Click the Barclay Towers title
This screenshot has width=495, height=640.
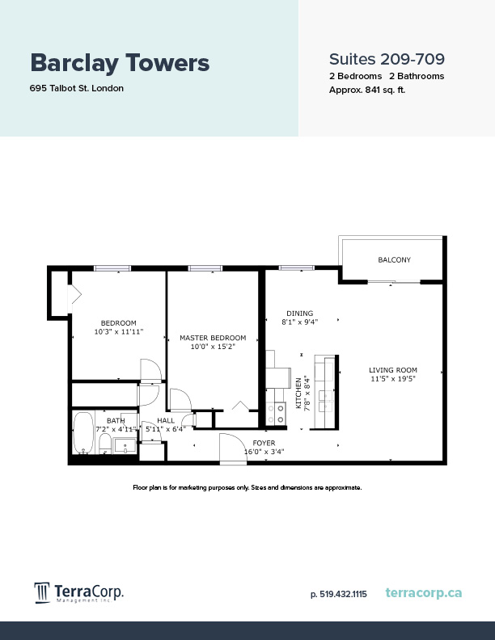coord(120,62)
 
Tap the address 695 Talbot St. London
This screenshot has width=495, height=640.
coord(77,88)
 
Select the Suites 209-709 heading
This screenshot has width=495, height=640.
coord(387,59)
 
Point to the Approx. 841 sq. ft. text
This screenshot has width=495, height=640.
coord(366,90)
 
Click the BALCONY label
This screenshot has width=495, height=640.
coord(394,260)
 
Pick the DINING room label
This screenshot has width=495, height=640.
coord(299,314)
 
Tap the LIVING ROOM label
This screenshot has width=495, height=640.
coord(393,369)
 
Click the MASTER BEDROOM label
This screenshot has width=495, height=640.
coord(213,338)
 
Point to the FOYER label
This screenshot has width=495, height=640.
coord(264,443)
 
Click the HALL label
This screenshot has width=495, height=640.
coord(166,420)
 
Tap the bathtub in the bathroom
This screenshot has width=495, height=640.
coord(82,434)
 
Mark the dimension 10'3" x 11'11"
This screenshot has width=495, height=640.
coord(118,331)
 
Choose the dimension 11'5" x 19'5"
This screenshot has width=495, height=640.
coord(393,378)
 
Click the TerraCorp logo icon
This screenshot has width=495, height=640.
coord(42,593)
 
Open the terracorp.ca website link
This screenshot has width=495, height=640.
coord(424,593)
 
